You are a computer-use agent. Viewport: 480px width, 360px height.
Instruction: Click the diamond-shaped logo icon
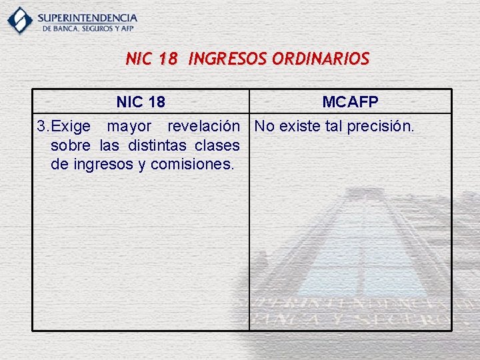pyautogui.click(x=20, y=20)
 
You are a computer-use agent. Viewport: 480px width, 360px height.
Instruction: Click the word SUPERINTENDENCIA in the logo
pyautogui.click(x=87, y=17)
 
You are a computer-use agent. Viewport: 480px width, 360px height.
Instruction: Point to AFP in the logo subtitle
pyautogui.click(x=127, y=29)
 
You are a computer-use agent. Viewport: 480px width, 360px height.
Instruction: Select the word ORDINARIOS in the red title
pyautogui.click(x=323, y=59)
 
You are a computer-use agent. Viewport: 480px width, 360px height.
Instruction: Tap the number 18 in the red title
pyautogui.click(x=168, y=59)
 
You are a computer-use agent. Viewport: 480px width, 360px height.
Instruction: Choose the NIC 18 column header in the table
pyautogui.click(x=141, y=102)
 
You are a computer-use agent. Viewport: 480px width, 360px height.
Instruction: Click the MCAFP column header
pyautogui.click(x=350, y=102)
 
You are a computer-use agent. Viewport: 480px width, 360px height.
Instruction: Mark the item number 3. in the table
pyautogui.click(x=43, y=126)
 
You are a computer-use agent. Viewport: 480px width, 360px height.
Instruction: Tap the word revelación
pyautogui.click(x=203, y=126)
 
